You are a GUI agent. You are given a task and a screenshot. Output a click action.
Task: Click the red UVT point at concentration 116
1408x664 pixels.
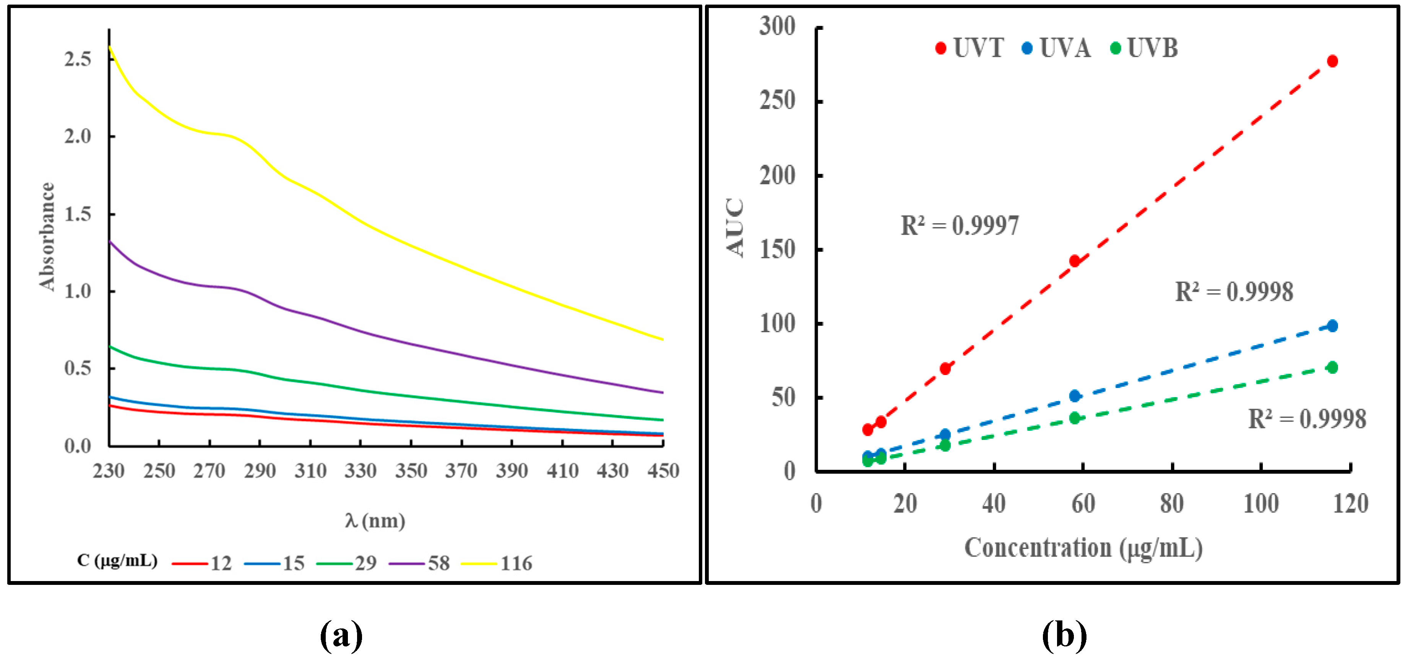click(1332, 61)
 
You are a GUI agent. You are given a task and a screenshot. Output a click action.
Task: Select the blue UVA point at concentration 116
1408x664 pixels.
click(1332, 326)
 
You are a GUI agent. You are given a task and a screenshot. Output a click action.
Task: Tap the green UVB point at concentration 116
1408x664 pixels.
click(1332, 367)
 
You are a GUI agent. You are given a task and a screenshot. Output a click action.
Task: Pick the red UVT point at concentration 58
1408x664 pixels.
click(1075, 261)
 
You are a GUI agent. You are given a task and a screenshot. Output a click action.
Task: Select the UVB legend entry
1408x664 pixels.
click(1145, 48)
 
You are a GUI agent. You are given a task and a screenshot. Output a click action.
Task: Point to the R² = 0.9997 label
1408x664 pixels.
click(959, 226)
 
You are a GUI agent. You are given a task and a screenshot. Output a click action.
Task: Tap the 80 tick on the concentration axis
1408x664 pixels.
click(1172, 503)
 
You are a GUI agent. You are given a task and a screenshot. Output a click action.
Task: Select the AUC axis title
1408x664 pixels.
click(736, 228)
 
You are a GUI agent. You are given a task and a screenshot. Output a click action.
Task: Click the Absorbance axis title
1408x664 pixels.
click(47, 236)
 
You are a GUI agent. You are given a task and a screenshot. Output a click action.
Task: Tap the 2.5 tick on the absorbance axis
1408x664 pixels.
click(78, 59)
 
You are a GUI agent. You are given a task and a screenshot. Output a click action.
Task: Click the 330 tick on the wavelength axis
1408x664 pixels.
click(360, 471)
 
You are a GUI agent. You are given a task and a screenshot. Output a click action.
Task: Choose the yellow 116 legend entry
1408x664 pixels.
click(497, 563)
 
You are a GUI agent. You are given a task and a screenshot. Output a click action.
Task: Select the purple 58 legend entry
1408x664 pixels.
click(420, 563)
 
